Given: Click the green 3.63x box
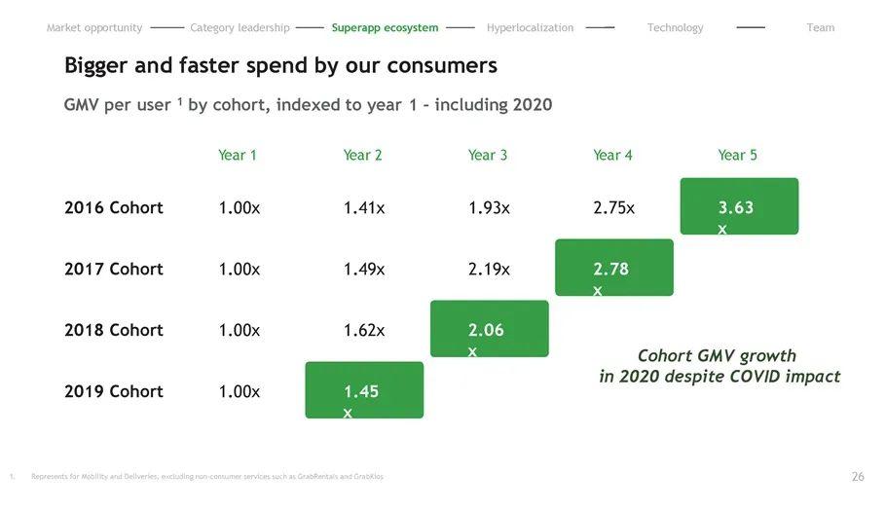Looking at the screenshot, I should (x=739, y=206).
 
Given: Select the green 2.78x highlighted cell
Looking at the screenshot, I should (x=613, y=268).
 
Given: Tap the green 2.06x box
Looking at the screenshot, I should (x=489, y=329).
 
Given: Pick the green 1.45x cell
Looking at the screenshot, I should (x=364, y=390).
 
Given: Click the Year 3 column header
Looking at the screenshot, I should (x=488, y=155).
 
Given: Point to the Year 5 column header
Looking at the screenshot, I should (x=737, y=155).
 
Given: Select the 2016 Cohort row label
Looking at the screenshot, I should (x=114, y=207).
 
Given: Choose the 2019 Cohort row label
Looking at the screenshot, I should (x=114, y=391).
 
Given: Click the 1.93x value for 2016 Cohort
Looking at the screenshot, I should (x=489, y=207).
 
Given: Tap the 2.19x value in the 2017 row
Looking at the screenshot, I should (x=489, y=269).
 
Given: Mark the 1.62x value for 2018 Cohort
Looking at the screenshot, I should (x=364, y=330).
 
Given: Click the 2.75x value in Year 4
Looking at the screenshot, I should (x=613, y=207).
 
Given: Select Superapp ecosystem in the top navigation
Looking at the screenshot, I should (x=385, y=28).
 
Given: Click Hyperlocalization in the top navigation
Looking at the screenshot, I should (x=530, y=28).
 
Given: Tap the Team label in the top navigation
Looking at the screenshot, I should (x=821, y=28).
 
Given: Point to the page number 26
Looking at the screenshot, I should (x=858, y=477).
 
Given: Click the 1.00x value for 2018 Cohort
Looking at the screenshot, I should (x=240, y=330).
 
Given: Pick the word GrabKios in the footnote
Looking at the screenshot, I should (x=368, y=477).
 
